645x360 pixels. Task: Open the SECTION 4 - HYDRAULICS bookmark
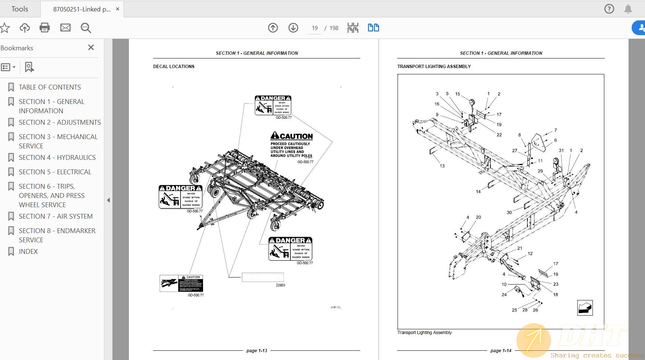coord(57,158)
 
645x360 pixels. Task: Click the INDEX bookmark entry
coord(28,252)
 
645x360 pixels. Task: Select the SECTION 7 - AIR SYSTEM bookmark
coord(55,216)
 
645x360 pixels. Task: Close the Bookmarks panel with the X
coord(91,48)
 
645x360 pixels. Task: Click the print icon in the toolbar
coord(45,28)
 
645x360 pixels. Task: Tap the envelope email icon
coord(65,28)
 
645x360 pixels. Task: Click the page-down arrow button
coord(293,28)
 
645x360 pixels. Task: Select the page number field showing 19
coord(315,28)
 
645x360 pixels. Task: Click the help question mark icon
coord(609,9)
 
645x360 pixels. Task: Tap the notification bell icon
coord(628,9)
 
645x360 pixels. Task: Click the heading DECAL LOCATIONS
coord(174,67)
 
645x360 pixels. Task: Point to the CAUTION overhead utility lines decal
coord(291,146)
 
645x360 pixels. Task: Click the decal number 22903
coord(280,285)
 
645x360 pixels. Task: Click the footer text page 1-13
coord(257,350)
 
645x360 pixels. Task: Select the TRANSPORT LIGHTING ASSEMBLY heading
coord(434,67)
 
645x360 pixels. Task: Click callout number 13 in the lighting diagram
coord(442,166)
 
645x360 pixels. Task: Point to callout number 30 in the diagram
coord(509,212)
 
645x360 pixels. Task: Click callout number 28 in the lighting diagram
coord(525,310)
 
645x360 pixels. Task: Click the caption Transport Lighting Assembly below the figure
coord(424,333)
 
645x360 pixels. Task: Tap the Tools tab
coord(20,9)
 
